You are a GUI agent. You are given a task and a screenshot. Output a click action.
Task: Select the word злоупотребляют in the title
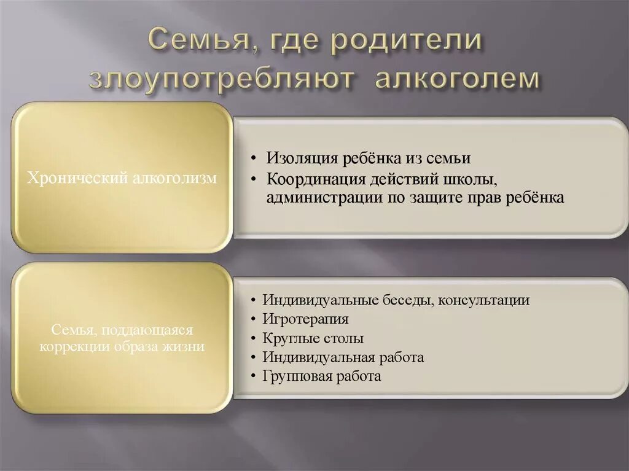pos(222,80)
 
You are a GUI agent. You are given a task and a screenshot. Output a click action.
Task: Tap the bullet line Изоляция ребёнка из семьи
pos(368,158)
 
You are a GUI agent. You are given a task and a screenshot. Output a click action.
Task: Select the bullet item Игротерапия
pos(305,319)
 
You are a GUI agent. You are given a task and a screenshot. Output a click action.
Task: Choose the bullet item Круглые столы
pos(313,338)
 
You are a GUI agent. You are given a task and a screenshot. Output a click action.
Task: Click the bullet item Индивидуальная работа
pos(343,357)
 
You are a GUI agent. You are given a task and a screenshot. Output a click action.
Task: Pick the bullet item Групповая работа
pos(321,376)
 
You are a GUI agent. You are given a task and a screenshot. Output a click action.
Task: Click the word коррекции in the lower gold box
pos(76,346)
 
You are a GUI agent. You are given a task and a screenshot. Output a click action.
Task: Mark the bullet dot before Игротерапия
pos(254,320)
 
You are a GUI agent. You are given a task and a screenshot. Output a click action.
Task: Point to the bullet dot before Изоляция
pos(254,158)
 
